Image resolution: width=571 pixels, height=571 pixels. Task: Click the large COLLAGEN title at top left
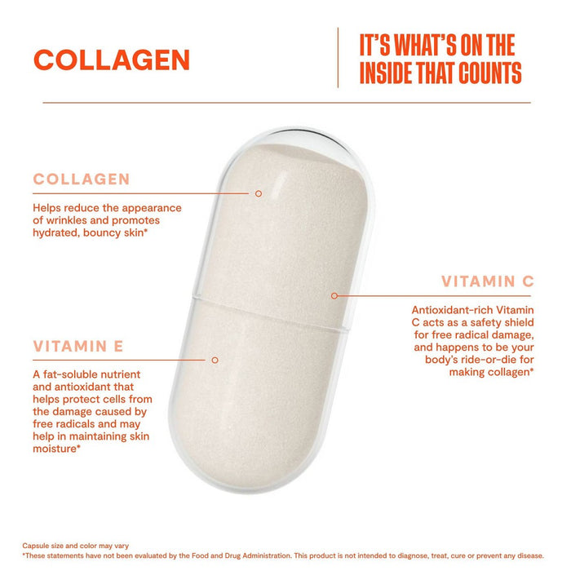point(111,60)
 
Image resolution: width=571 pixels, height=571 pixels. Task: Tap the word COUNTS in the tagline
point(487,74)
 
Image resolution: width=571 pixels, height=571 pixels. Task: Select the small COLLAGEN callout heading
point(81,179)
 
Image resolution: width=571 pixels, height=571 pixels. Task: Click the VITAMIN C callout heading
point(487,281)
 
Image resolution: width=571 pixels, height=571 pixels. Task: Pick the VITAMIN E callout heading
point(78,346)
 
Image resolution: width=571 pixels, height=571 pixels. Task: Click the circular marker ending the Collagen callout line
point(258,193)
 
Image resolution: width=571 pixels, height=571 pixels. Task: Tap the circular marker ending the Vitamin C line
point(334,295)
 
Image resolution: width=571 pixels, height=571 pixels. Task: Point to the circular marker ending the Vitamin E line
point(215,359)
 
